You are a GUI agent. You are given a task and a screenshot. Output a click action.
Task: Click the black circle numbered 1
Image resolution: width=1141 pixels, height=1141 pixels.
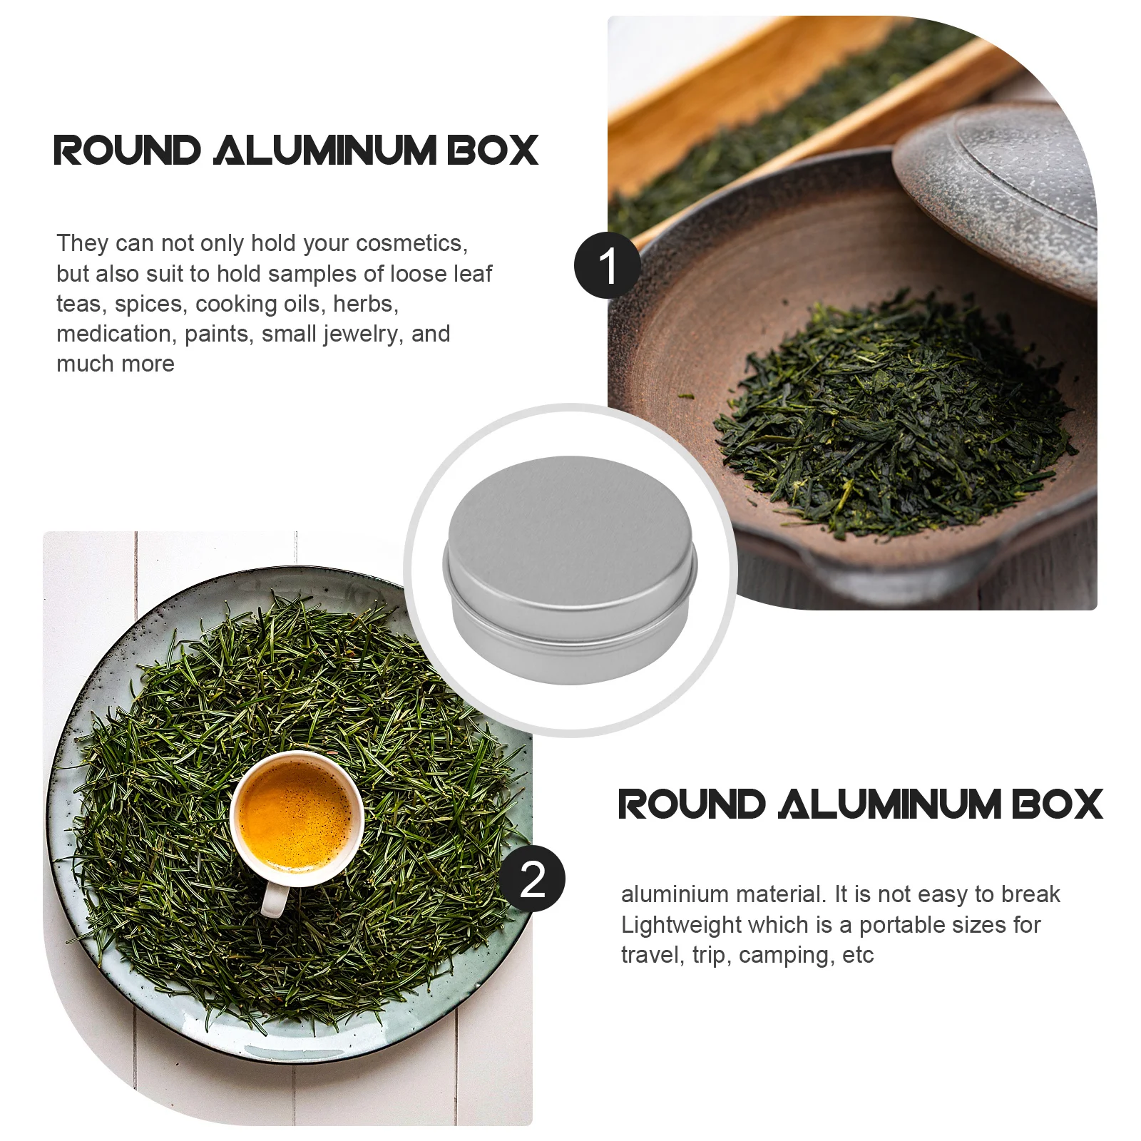608,265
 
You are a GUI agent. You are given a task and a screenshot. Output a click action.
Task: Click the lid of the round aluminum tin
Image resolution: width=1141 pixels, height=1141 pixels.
569,531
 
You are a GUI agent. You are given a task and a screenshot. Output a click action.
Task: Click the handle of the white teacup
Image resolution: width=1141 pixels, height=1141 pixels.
275,900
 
